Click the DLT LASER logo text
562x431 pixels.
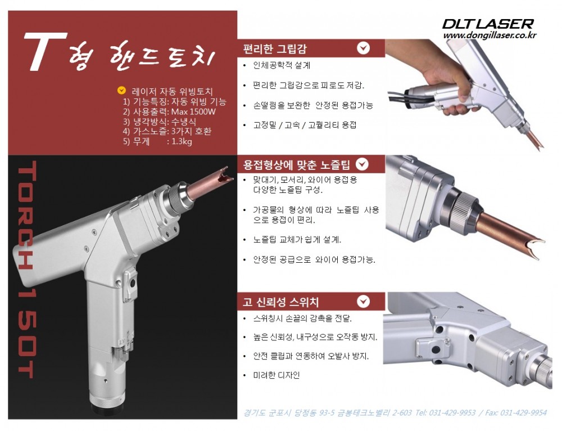(488, 24)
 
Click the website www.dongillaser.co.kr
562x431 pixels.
(490, 35)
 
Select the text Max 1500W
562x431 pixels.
(193, 111)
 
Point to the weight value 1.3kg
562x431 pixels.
(182, 141)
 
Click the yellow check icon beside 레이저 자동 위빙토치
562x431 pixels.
(122, 91)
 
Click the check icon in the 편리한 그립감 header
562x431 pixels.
(364, 48)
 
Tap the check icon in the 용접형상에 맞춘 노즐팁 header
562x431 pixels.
(362, 164)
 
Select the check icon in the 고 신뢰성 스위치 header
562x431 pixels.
(364, 302)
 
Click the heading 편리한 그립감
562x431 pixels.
(275, 49)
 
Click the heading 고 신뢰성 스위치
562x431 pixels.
(280, 302)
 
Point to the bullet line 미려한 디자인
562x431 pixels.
(277, 375)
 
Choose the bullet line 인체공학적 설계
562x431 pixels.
(282, 65)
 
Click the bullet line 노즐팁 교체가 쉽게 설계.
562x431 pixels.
(297, 240)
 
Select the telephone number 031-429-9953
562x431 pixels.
(452, 413)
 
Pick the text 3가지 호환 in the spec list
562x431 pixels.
(191, 131)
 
